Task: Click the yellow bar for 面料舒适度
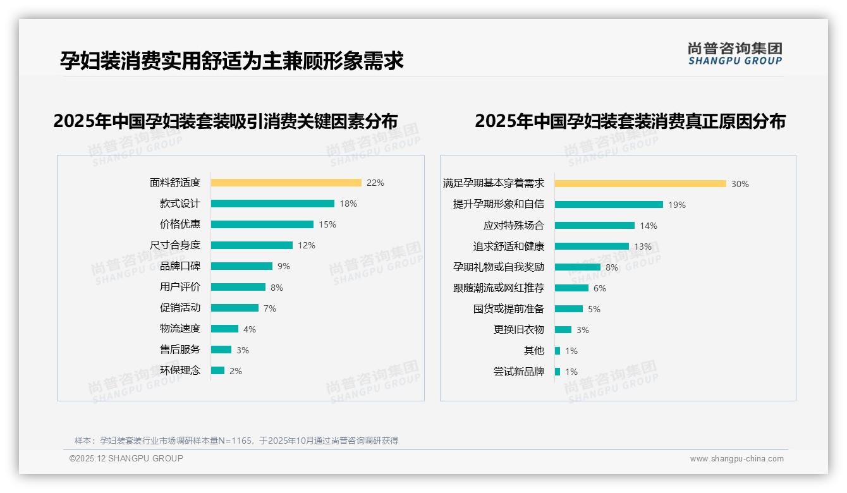[x=286, y=183]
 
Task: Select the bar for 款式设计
[x=272, y=204]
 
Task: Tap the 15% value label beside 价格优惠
[x=327, y=224]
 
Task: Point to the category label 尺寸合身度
[x=175, y=245]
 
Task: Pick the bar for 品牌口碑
[x=241, y=266]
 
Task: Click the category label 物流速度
[x=180, y=329]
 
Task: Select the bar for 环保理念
[x=217, y=370]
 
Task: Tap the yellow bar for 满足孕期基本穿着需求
[x=640, y=184]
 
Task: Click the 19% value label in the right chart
[x=677, y=205]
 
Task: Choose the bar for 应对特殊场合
[x=595, y=226]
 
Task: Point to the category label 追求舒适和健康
[x=509, y=246]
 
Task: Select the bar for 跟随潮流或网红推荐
[x=571, y=288]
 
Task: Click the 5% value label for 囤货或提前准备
[x=594, y=309]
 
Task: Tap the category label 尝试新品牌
[x=519, y=372]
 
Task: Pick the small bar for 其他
[x=558, y=351]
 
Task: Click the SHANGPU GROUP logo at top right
[x=735, y=54]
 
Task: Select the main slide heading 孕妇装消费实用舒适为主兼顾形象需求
[x=232, y=61]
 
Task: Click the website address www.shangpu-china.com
[x=736, y=459]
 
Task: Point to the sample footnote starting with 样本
[x=236, y=441]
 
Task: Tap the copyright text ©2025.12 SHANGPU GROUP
[x=126, y=458]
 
